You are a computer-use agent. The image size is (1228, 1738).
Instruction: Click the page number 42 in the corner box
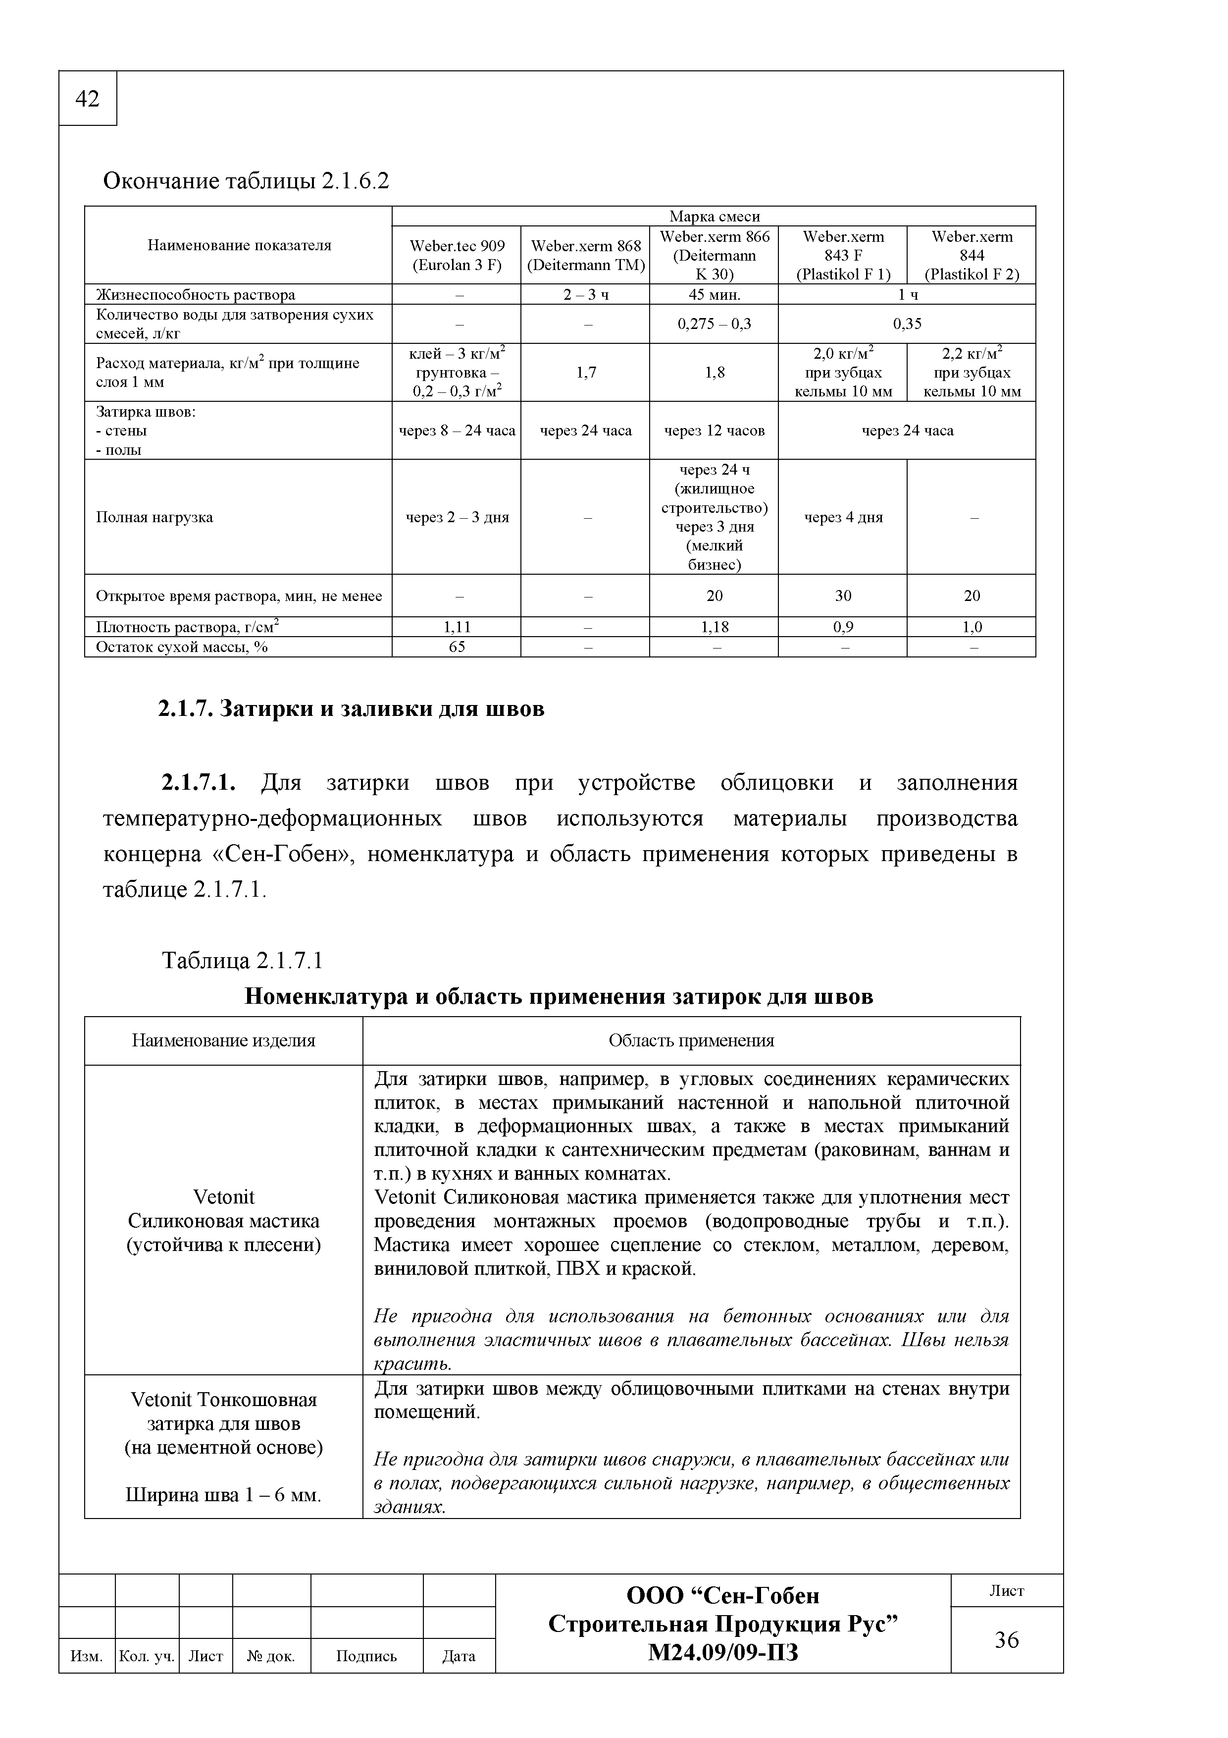(x=88, y=99)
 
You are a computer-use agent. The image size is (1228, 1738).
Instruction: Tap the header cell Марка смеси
(x=714, y=217)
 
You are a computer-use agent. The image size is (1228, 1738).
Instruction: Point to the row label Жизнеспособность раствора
(x=195, y=294)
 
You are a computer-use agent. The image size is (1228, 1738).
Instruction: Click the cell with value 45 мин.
(x=714, y=294)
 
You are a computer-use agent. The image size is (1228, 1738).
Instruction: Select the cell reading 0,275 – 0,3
(x=714, y=324)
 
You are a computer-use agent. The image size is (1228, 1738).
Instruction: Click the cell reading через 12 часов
(x=714, y=431)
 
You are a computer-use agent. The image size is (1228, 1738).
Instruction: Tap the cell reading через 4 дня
(x=842, y=518)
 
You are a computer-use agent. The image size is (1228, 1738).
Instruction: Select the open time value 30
(x=842, y=596)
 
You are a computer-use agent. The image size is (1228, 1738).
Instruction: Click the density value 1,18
(x=714, y=627)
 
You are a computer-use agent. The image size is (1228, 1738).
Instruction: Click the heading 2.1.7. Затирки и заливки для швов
(x=351, y=709)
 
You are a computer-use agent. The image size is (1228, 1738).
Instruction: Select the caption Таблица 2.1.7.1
(x=242, y=961)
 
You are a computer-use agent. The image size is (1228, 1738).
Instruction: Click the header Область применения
(x=691, y=1041)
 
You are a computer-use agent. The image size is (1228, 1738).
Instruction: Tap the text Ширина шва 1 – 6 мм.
(x=223, y=1496)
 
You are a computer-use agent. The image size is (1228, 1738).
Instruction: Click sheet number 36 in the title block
(x=1006, y=1639)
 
